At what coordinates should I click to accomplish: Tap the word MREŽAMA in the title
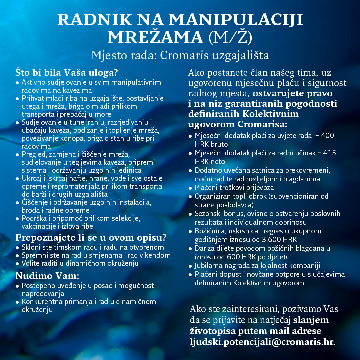click(155, 37)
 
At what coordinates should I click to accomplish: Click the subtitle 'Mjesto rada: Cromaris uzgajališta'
click(180, 55)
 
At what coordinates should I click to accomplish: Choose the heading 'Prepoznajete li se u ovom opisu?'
click(91, 238)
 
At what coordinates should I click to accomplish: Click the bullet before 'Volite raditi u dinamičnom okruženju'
click(17, 263)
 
